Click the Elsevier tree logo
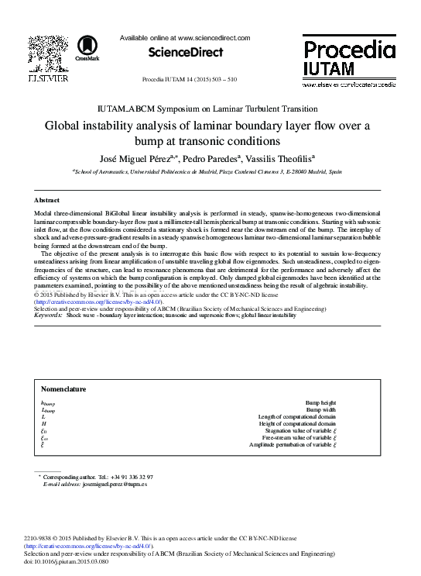48,55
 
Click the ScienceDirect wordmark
185,53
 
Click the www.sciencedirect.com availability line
186,37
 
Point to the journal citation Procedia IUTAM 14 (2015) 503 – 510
190,80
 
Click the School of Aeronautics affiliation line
207,173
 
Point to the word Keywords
49,316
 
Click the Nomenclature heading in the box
63,389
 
